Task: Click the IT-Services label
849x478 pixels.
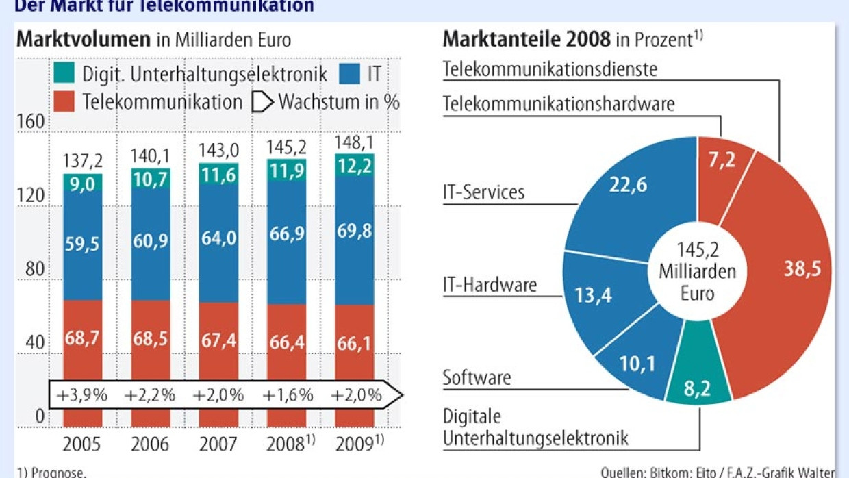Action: point(483,192)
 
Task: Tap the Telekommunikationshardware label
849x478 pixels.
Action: point(558,103)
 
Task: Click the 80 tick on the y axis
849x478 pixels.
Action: point(34,268)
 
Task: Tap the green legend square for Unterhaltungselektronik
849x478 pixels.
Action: point(64,73)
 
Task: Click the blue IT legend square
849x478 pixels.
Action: point(351,73)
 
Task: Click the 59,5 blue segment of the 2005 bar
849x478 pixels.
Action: point(83,243)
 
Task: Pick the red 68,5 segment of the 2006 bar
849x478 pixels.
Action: point(151,338)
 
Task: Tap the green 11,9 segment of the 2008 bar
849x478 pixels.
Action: point(286,171)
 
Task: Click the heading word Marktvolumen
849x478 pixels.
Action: point(84,39)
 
